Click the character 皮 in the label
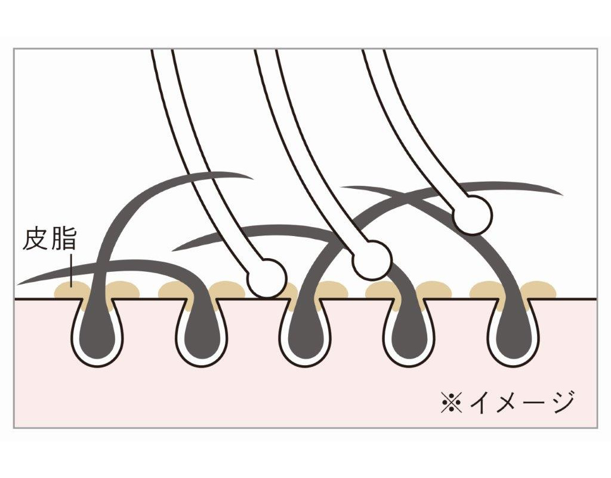click(35, 240)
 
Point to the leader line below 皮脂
click(71, 270)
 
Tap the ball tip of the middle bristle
click(372, 260)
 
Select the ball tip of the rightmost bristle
click(473, 215)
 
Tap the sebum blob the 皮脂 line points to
click(71, 290)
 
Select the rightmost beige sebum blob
click(538, 290)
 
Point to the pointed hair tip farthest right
click(561, 193)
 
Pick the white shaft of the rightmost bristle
click(413, 125)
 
